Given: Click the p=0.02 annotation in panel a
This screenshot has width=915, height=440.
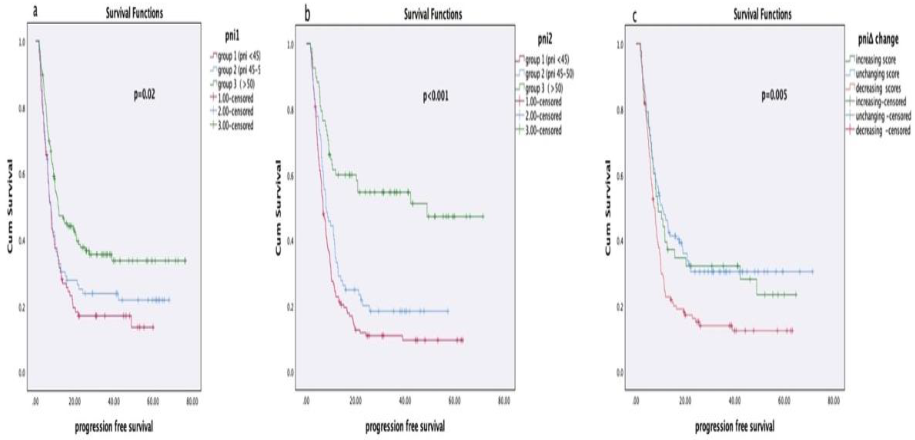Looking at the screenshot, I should coord(144,95).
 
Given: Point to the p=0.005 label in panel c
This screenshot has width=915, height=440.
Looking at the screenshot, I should coord(774,95).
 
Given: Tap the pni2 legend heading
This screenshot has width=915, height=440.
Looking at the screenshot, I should coord(545,40).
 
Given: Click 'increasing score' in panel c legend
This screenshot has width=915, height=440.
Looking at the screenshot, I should coord(876,60).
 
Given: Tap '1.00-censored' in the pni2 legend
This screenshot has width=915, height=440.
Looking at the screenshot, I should coord(543,102).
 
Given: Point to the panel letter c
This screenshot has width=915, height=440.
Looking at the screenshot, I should coord(634,16).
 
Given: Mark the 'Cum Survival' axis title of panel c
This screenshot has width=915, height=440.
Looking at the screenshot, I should coord(608,207).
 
